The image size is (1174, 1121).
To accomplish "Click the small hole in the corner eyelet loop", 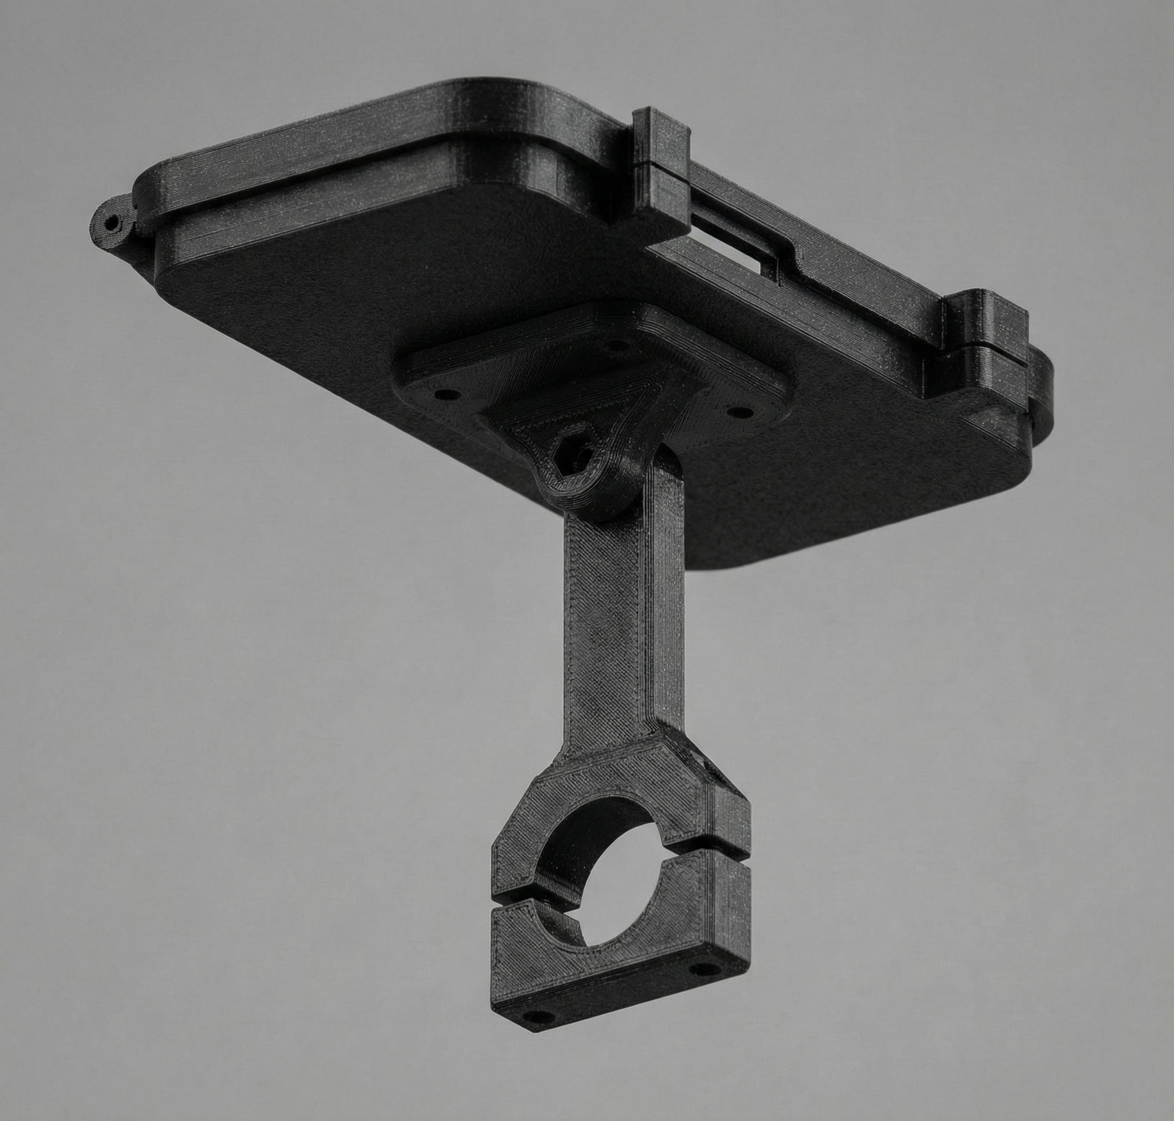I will (x=111, y=224).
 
